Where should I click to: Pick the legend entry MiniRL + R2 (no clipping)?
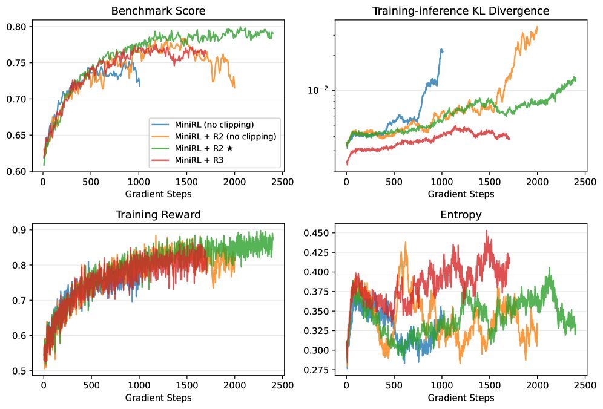pos(225,136)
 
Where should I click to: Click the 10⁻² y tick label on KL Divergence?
pos(317,90)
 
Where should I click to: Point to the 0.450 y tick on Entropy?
pos(317,233)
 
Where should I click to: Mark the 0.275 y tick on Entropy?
pos(317,370)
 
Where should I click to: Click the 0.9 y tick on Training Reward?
pos(20,230)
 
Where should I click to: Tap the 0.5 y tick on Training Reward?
pos(20,371)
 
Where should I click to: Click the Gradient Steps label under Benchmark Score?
pos(158,194)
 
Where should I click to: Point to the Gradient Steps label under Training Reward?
pos(158,398)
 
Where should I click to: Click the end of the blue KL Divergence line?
pos(443,51)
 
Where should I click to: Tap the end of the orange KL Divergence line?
pos(537,27)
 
